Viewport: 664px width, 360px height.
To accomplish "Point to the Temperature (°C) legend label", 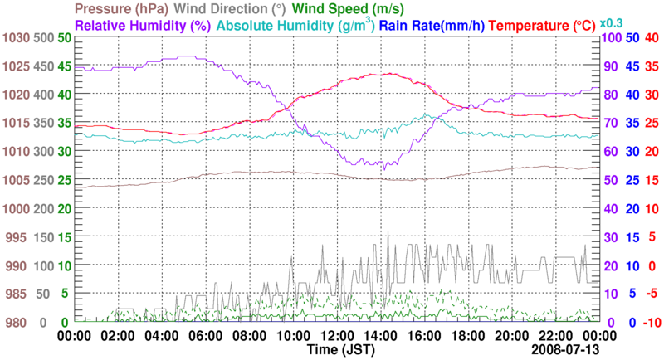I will pyautogui.click(x=543, y=25).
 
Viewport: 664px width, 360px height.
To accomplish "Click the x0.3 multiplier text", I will pyautogui.click(x=613, y=22).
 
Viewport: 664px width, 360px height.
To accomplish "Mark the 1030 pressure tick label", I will pyautogui.click(x=16, y=38).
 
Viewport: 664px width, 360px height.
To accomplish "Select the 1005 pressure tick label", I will pyautogui.click(x=16, y=180).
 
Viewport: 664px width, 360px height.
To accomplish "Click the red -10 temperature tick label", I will pyautogui.click(x=652, y=322).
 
